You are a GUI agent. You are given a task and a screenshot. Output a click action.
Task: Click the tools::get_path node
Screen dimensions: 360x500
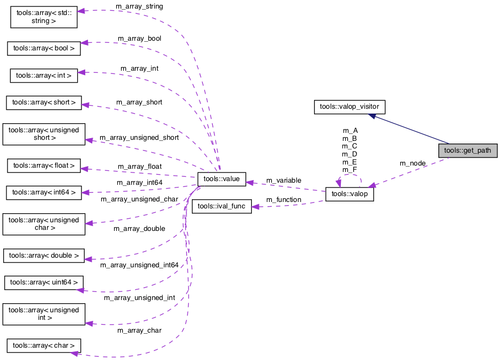click(467, 151)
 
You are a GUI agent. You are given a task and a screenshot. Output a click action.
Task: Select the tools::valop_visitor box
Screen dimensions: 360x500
click(349, 107)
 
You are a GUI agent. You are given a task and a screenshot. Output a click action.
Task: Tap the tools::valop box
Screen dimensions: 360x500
click(349, 194)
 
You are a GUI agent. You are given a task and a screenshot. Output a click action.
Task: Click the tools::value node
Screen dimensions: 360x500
click(221, 179)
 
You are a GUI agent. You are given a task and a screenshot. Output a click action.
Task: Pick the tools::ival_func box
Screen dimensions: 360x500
click(221, 207)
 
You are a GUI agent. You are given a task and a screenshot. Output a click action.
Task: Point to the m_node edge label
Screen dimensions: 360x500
click(413, 163)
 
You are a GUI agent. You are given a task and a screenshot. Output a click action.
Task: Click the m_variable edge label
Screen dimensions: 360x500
click(283, 181)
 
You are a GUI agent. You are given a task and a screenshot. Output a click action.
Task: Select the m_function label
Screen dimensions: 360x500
click(283, 200)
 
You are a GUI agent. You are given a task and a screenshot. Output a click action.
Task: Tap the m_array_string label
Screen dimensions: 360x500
click(139, 6)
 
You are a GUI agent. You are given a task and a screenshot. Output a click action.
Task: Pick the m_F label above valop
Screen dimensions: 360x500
click(350, 170)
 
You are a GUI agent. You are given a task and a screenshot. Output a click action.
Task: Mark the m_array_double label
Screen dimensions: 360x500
click(139, 228)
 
